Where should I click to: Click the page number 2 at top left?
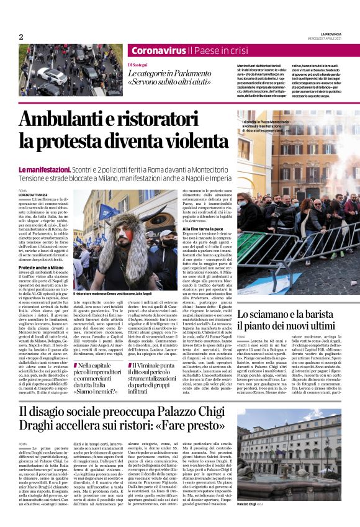21,37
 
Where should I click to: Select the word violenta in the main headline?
196,141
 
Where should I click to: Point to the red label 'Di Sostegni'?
138,64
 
